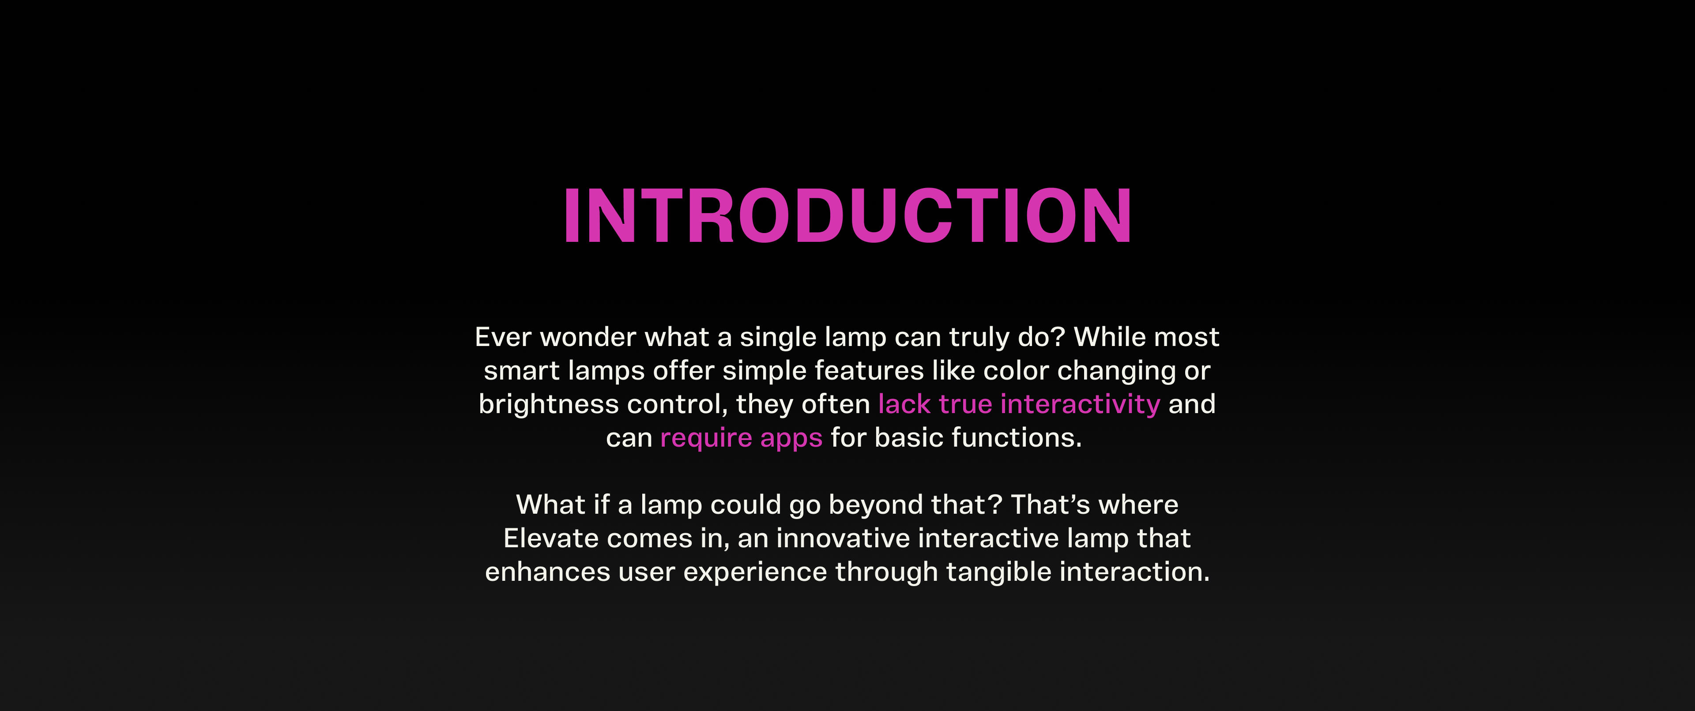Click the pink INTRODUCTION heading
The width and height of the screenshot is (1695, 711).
847,216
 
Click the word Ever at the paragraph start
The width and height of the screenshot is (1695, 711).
503,337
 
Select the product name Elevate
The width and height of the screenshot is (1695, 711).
551,538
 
